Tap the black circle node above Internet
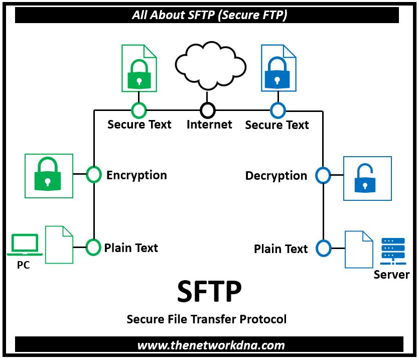(x=208, y=110)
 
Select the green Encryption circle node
(x=94, y=174)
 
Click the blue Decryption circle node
(x=323, y=175)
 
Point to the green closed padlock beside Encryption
(x=48, y=175)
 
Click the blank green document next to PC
(x=59, y=245)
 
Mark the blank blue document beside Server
(x=359, y=249)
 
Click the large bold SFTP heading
(x=209, y=292)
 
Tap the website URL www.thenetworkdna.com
(x=211, y=345)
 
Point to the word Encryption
(x=136, y=175)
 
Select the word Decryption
(x=276, y=176)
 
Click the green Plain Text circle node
(x=93, y=247)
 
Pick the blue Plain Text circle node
(x=323, y=248)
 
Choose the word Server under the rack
(x=391, y=275)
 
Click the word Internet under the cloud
(x=209, y=125)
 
